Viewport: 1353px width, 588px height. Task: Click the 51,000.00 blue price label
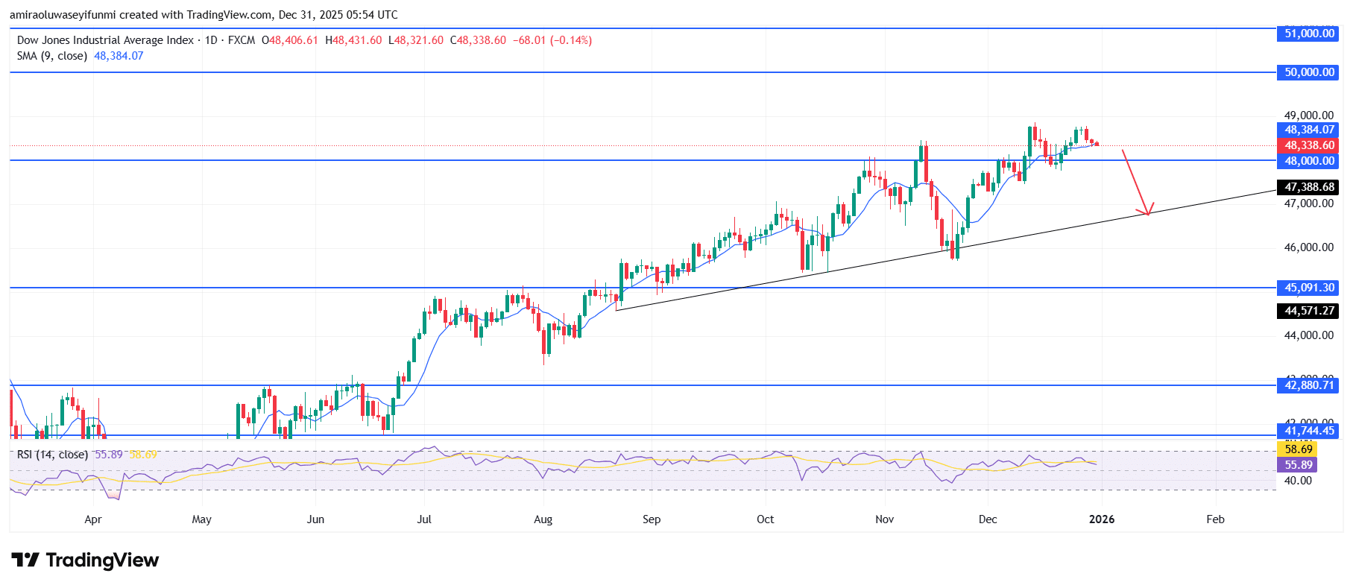[1309, 34]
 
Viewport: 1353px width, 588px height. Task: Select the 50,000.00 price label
[1309, 72]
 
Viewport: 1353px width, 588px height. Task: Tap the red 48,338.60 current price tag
[1309, 145]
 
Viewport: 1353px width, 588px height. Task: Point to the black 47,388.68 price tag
[1309, 187]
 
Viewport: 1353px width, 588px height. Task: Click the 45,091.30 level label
[1309, 288]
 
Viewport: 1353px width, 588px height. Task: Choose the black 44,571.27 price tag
[1309, 311]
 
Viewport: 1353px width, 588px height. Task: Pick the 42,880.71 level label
[1309, 385]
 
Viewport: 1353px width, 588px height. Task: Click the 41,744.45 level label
[1309, 431]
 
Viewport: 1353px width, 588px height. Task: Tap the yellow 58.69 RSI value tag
[1298, 449]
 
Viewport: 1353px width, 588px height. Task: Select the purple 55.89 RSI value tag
[1298, 465]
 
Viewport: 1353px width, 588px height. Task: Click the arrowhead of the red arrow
[1148, 212]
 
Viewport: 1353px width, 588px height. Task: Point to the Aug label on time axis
[543, 519]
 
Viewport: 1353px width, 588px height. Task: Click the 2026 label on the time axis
[1101, 519]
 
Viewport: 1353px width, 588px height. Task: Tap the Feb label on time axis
[1215, 519]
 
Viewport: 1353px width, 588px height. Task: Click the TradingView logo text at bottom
[102, 560]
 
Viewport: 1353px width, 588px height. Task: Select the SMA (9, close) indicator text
[52, 56]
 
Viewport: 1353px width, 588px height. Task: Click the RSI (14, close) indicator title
[52, 455]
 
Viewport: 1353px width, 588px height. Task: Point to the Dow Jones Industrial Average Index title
[105, 40]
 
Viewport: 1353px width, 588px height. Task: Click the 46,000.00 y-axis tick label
[1308, 247]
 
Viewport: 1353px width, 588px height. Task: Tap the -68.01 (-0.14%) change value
[552, 40]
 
